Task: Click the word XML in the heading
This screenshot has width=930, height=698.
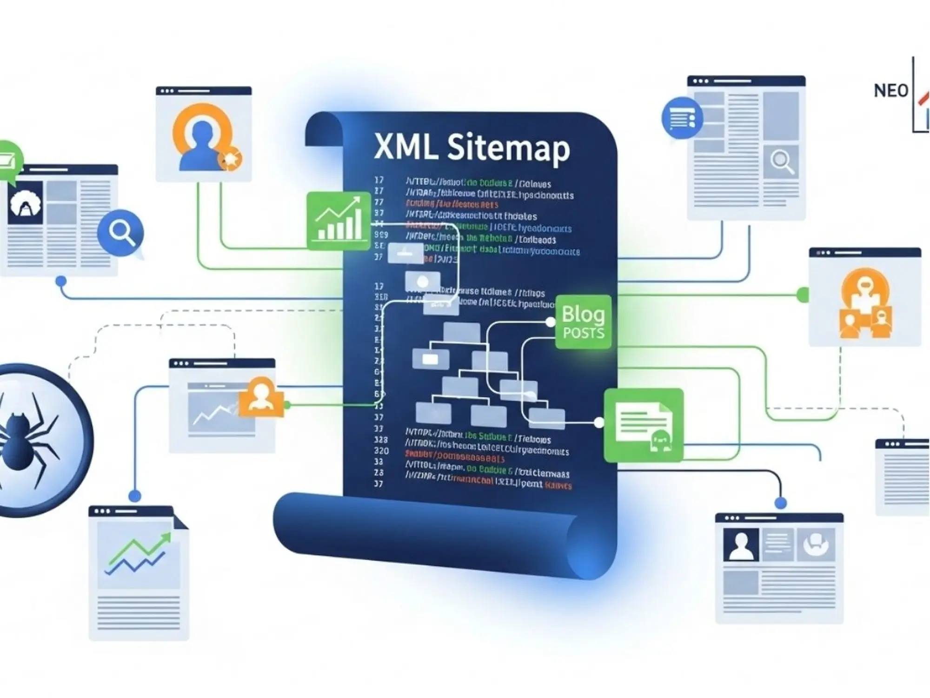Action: coord(405,148)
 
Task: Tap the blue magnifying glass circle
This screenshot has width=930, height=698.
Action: coord(120,232)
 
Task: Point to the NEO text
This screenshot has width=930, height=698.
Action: coord(890,91)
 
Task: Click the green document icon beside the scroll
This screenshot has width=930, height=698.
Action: coord(644,425)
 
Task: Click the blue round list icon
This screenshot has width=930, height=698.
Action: coord(682,118)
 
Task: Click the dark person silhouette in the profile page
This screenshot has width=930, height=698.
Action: coord(741,545)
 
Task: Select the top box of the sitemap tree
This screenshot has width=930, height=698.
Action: coord(461,331)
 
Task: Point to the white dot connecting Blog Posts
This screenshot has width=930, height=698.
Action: coord(550,322)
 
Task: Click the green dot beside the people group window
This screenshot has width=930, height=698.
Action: coord(803,295)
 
